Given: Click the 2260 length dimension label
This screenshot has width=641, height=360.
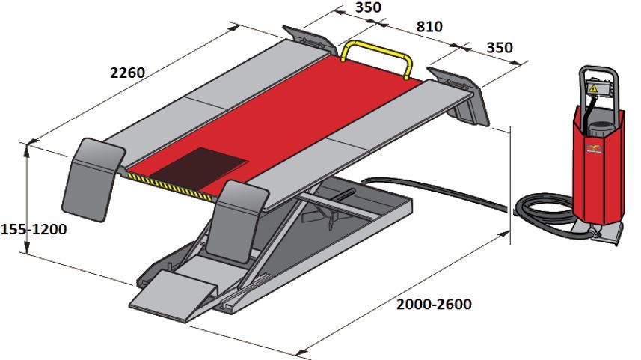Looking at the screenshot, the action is [128, 73].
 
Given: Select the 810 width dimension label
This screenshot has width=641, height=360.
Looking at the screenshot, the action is [429, 27].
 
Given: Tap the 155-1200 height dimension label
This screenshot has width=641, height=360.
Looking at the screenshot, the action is [34, 229].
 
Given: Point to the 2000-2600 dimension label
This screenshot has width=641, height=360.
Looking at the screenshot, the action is [434, 305].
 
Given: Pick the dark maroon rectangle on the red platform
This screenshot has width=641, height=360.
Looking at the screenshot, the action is [199, 168].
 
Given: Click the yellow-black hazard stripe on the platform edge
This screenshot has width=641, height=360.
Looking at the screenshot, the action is [169, 186].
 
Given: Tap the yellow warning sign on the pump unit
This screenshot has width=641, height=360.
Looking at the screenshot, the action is [593, 88].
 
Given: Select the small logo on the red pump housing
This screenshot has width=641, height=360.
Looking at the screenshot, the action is [594, 148].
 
